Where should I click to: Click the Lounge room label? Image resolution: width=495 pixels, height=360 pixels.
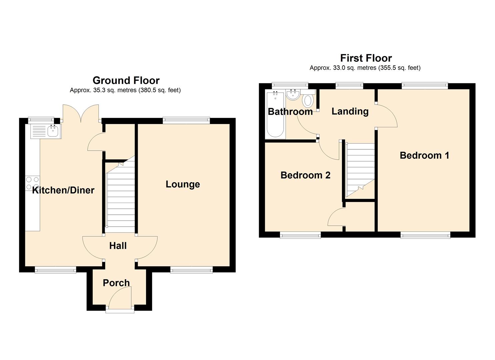pyautogui.click(x=183, y=184)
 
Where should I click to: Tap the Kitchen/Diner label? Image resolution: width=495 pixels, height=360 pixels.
pyautogui.click(x=63, y=190)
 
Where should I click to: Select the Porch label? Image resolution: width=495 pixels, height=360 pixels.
pyautogui.click(x=116, y=283)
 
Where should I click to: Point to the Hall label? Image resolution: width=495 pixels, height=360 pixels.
pyautogui.click(x=118, y=246)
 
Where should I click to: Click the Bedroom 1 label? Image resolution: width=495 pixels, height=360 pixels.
pyautogui.click(x=425, y=155)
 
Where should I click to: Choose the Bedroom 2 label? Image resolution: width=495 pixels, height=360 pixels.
pyautogui.click(x=305, y=175)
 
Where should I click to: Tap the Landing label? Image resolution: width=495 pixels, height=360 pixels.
pyautogui.click(x=350, y=111)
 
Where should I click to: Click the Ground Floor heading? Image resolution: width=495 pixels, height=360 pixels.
pyautogui.click(x=126, y=80)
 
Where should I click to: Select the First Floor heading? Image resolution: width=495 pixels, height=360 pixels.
pyautogui.click(x=366, y=58)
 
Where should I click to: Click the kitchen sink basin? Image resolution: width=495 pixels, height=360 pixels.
pyautogui.click(x=53, y=131)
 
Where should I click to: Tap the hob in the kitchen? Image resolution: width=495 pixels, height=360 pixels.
pyautogui.click(x=32, y=183)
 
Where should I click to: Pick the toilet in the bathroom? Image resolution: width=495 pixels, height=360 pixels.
pyautogui.click(x=308, y=100)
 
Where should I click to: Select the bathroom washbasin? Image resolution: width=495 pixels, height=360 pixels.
pyautogui.click(x=293, y=95)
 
